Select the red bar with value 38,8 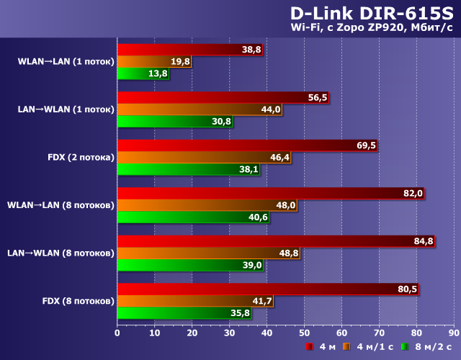tap(190, 50)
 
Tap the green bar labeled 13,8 tap(143, 73)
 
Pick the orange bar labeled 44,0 tap(200, 109)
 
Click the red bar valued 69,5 tap(247, 145)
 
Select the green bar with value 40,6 tap(193, 217)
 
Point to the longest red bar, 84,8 tap(276, 241)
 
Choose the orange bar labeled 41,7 tap(195, 301)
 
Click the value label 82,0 tap(412, 194)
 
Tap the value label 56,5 tap(317, 98)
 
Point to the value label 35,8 tap(239, 313)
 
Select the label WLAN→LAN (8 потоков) tap(61, 205)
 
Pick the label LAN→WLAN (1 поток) tap(66, 109)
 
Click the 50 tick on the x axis tap(304, 333)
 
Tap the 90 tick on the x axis tap(453, 333)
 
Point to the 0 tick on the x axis tap(117, 333)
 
